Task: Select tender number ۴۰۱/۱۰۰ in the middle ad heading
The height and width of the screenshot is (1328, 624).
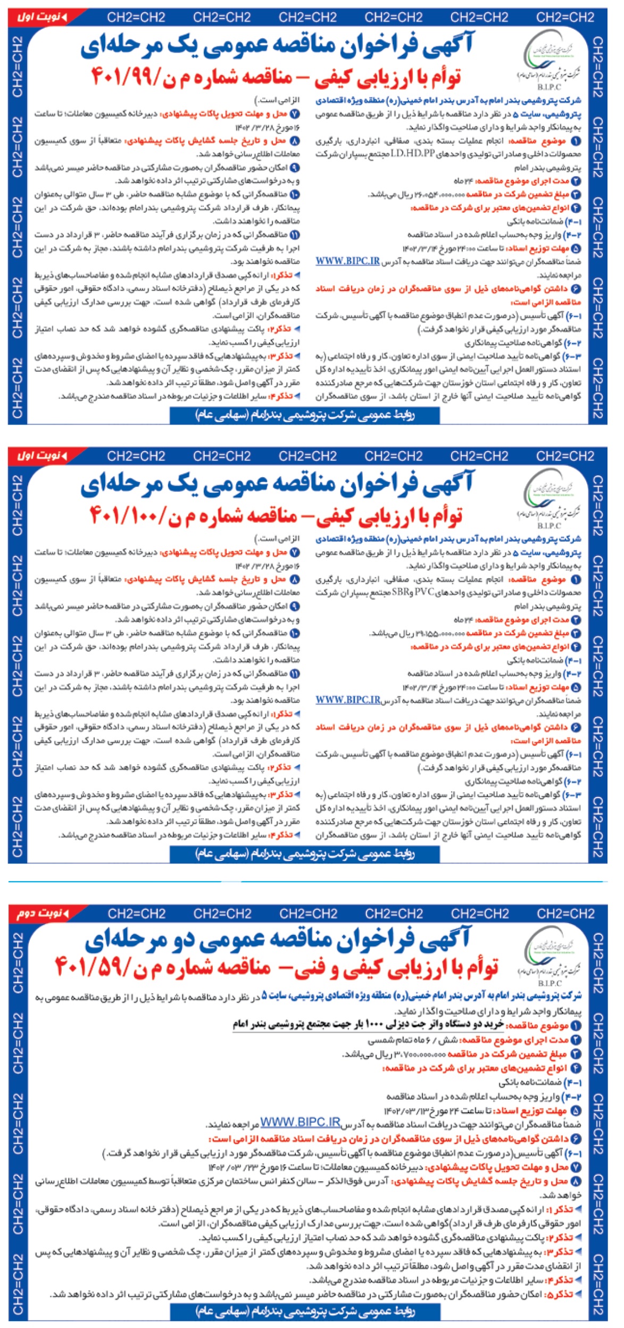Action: [128, 515]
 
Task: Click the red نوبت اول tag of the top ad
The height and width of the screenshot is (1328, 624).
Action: [42, 16]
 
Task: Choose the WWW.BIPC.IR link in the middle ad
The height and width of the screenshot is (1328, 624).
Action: [348, 700]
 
